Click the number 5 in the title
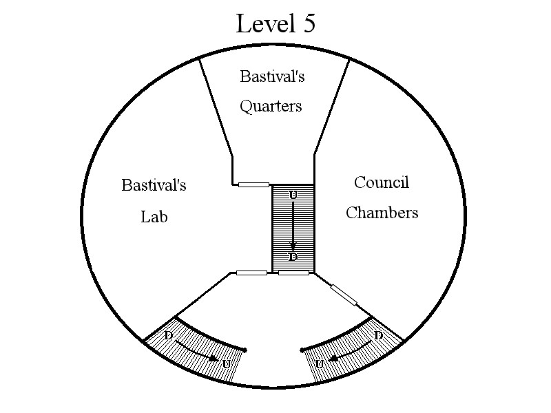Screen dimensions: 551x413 307,23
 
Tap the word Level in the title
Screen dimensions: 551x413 266,23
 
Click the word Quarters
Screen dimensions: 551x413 271,107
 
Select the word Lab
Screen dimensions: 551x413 154,217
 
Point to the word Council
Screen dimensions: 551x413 382,182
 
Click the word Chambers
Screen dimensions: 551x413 382,213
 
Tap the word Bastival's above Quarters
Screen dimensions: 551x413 272,76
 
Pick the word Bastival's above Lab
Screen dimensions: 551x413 154,185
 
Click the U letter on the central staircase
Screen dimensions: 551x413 293,195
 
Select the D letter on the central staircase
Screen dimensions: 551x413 293,257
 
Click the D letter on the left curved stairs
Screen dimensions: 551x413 169,335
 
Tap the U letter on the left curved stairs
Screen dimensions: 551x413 227,365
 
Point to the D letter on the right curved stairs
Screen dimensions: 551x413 377,335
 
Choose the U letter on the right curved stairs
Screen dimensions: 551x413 320,365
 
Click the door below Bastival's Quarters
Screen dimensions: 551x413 253,184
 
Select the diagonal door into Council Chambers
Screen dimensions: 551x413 344,295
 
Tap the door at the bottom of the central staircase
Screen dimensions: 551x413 294,273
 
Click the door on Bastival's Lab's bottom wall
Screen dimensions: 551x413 251,273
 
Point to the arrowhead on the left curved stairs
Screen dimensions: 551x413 213,359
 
